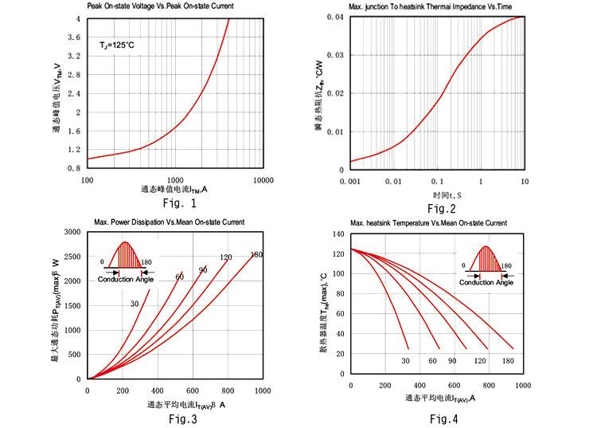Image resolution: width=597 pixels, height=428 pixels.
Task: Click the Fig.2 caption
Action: coord(442,208)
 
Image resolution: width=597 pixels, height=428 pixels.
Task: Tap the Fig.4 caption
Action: coord(444,418)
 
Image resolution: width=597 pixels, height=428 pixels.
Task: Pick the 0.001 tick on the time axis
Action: coord(351,182)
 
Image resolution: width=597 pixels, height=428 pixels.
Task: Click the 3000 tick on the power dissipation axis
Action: coord(71,232)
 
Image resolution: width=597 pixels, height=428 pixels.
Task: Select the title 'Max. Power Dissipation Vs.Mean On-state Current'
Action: coord(169,222)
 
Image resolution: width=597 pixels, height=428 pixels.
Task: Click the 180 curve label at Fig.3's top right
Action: coord(256,255)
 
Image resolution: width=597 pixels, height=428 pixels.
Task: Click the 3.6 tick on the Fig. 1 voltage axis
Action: coord(72,37)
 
